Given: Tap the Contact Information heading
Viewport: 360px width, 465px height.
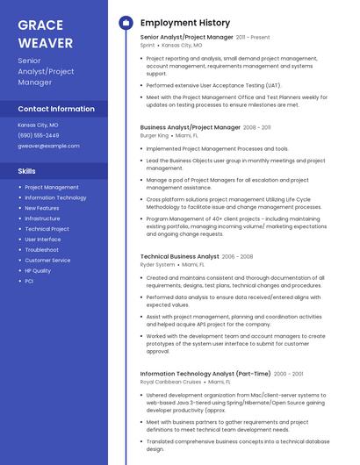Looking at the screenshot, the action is coord(56,109).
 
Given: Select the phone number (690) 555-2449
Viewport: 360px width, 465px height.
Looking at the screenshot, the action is coord(39,135).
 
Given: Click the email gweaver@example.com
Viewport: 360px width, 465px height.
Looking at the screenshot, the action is coord(48,146).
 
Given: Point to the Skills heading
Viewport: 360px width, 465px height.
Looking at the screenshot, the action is coord(27,171).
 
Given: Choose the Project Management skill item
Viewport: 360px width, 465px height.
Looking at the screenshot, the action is coord(52,187).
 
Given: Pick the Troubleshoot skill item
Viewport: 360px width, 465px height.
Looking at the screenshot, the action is coord(41,250).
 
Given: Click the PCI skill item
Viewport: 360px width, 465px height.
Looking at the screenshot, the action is coord(29,281).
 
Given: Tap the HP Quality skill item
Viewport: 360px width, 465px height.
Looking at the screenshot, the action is coord(38,270).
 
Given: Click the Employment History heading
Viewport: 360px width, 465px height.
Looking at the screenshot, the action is coord(185,23).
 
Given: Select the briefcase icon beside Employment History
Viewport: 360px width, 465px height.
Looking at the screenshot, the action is coord(125,23).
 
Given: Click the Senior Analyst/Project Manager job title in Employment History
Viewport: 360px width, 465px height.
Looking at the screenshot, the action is coord(186,38).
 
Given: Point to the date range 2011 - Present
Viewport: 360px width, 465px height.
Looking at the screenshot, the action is coord(253,38).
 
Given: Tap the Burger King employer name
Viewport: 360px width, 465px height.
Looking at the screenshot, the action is coord(154,136).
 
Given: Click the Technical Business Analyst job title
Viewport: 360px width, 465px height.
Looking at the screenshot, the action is coord(179,256).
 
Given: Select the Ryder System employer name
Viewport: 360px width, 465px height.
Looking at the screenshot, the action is coord(157,264).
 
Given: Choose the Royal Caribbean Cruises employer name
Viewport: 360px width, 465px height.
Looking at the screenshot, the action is coord(170,382).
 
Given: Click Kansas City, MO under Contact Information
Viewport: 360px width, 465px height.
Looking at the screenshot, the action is coord(39,125).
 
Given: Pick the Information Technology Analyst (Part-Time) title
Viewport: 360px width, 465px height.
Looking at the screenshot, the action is coord(198,374).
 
